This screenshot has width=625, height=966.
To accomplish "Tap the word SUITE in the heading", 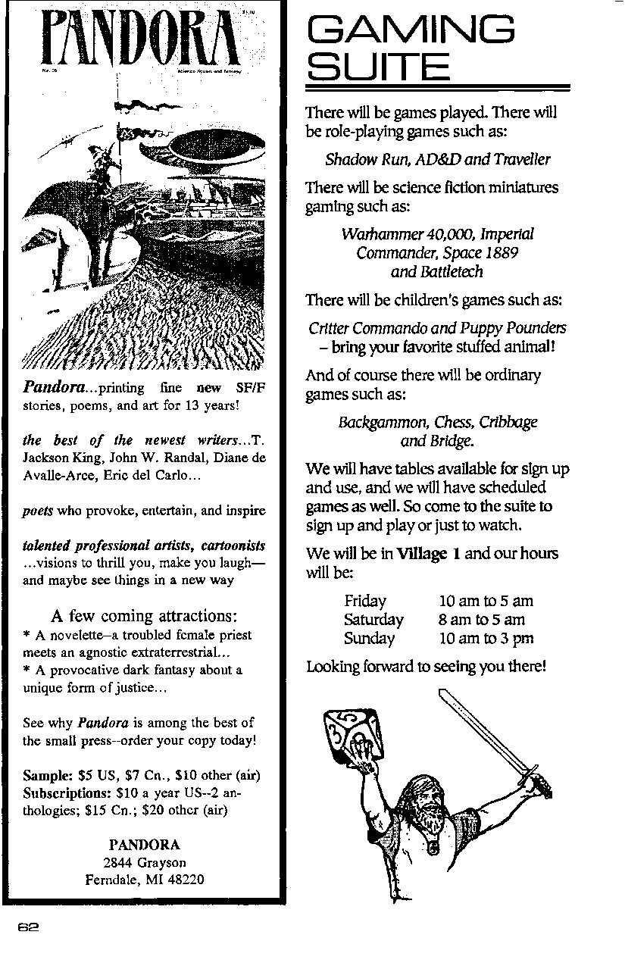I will coord(378,67).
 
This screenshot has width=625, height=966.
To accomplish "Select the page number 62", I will coord(29,927).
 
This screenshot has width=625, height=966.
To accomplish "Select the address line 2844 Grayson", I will coord(144,862).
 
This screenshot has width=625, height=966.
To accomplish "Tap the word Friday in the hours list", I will coord(365,601).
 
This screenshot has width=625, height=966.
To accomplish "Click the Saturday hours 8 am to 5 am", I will coord(482,620).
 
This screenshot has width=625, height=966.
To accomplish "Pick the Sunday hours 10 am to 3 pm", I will coord(486,638).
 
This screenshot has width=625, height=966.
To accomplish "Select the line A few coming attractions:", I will coord(144,614).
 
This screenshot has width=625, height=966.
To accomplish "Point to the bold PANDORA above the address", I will coord(144,845).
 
